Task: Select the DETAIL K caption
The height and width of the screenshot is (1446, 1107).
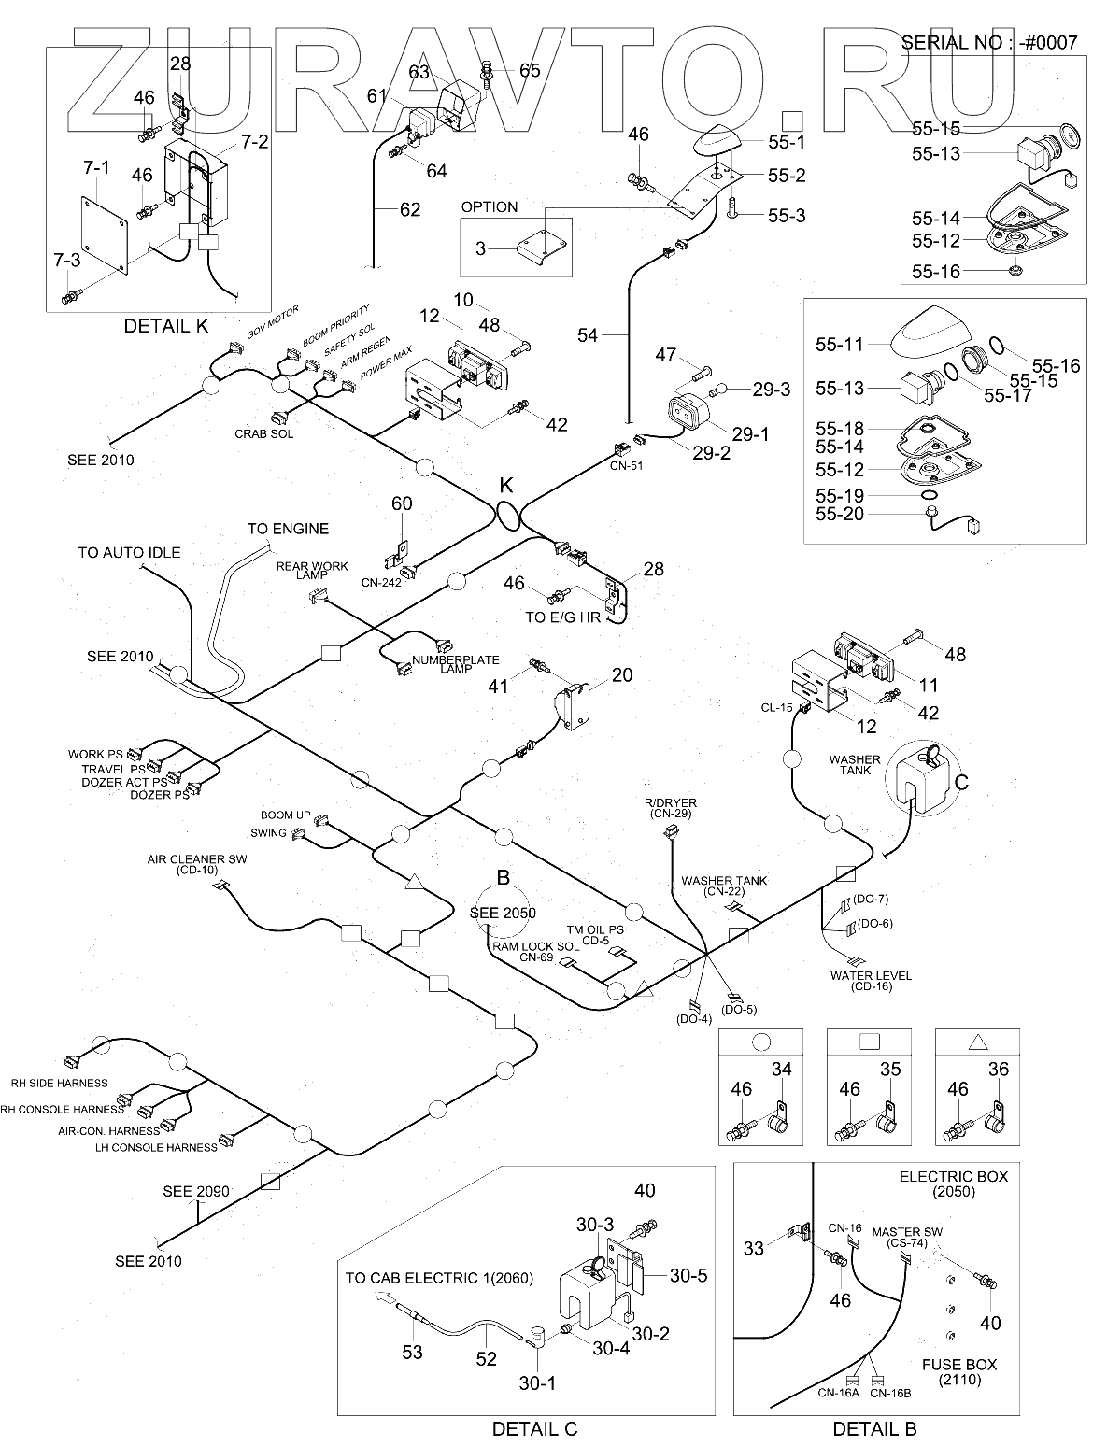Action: point(166,325)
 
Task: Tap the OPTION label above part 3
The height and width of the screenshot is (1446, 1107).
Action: point(489,206)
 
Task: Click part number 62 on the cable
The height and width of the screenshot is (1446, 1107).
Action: point(410,208)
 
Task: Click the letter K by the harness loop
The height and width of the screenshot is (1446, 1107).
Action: point(507,486)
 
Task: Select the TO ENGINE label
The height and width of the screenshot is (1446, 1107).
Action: point(288,529)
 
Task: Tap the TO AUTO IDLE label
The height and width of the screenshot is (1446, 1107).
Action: point(129,552)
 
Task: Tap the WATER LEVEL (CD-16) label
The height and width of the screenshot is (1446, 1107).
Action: point(872,981)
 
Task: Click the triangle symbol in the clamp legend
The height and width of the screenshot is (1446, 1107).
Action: point(978,1042)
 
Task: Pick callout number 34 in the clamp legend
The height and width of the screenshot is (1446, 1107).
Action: point(781,1070)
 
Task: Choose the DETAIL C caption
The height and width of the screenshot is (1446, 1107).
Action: point(534,1429)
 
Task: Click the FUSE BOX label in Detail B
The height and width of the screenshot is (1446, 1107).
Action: point(959,1365)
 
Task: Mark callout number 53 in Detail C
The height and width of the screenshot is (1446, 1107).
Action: point(412,1352)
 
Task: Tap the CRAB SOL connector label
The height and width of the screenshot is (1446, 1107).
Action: point(262,433)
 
